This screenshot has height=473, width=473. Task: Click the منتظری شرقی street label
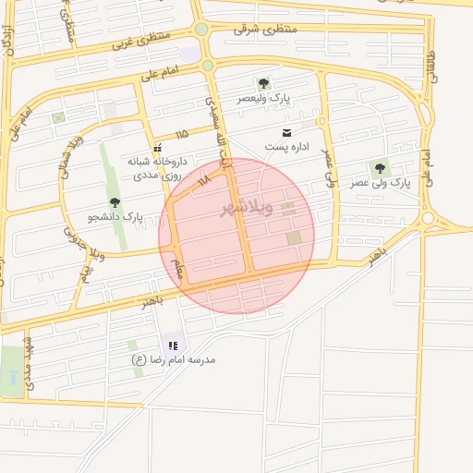click(x=265, y=30)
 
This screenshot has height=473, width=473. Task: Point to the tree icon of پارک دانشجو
click(x=115, y=202)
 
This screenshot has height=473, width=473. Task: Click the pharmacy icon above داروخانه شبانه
click(x=158, y=147)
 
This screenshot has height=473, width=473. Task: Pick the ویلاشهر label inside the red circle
click(x=247, y=209)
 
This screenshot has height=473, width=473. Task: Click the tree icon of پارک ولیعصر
click(x=263, y=83)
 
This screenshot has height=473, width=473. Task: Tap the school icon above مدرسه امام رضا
click(x=173, y=346)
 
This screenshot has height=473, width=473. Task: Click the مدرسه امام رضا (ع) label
click(x=174, y=359)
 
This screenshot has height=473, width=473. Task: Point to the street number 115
click(x=181, y=135)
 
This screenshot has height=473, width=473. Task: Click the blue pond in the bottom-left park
click(x=12, y=378)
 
